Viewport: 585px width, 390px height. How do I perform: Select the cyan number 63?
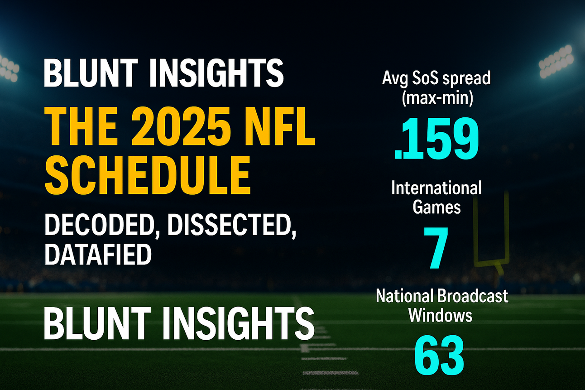439,355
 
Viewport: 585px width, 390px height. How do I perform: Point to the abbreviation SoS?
427,78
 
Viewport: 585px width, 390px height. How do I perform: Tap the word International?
436,188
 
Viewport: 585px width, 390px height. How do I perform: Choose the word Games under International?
436,207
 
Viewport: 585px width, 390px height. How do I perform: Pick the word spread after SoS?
466,79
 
